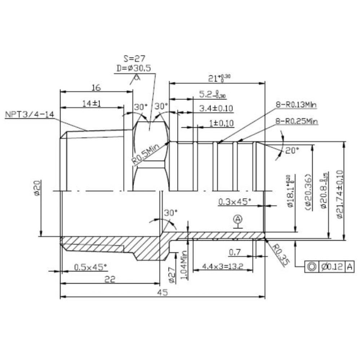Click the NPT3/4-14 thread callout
30,115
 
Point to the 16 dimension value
96,87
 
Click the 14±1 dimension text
91,103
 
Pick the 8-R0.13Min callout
296,105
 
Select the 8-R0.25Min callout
297,121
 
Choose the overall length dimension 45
163,292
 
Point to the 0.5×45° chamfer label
90,267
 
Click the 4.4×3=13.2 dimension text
222,267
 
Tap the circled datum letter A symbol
237,219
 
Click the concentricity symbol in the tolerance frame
312,266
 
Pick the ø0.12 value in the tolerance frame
332,266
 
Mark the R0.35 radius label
280,255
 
